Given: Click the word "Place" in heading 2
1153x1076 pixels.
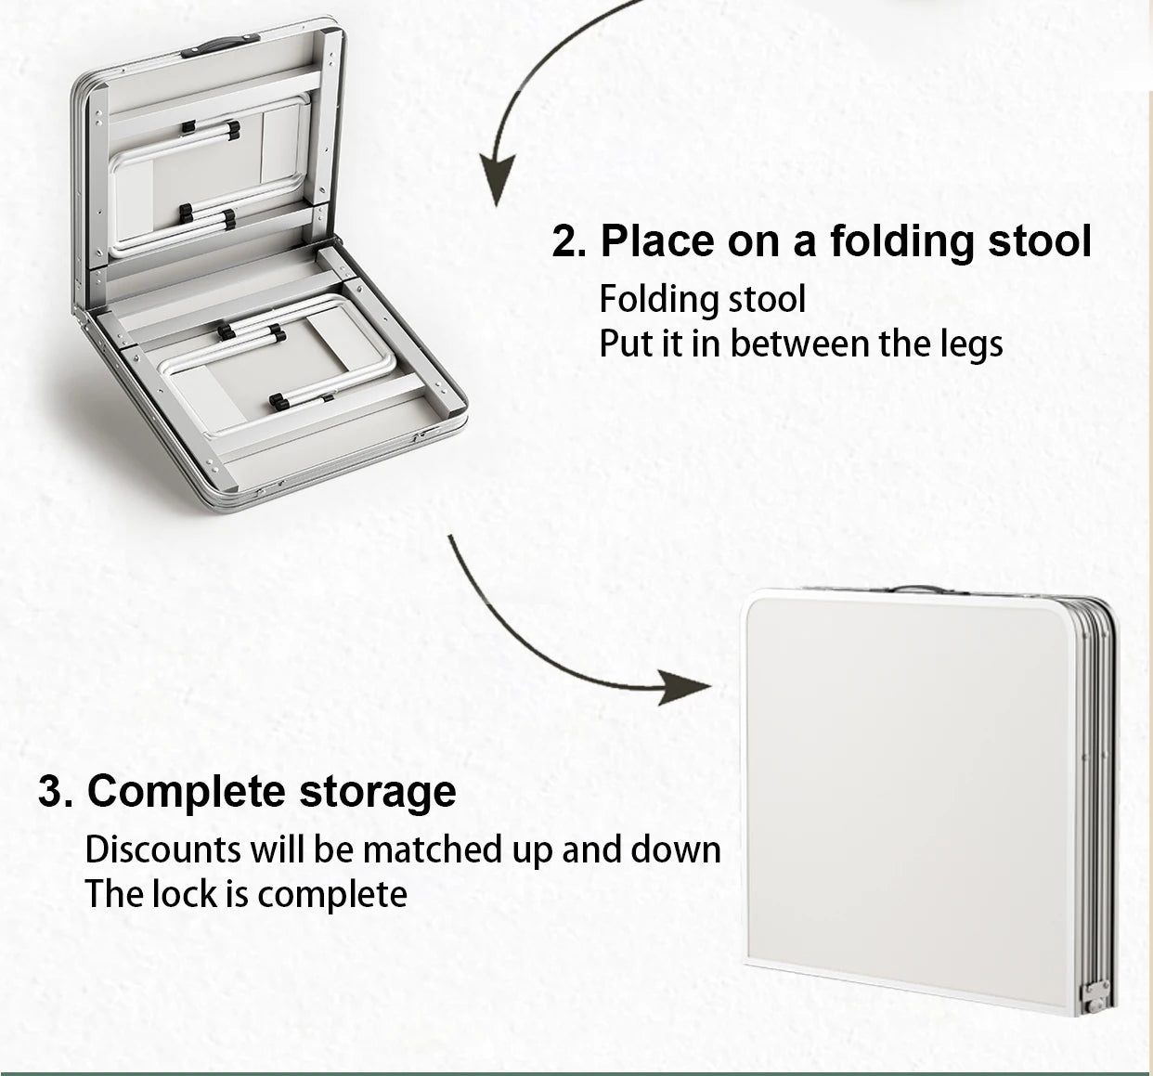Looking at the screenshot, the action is click(x=657, y=240).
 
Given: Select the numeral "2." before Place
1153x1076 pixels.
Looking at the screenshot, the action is click(x=569, y=240).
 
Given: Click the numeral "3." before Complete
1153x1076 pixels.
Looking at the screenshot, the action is click(x=56, y=792).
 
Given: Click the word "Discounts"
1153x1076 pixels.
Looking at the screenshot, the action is click(x=163, y=849).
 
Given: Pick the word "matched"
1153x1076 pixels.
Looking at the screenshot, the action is click(x=434, y=849).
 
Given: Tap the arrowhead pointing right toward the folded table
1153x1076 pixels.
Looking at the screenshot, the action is click(x=685, y=688).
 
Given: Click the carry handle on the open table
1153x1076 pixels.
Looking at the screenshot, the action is click(x=220, y=45).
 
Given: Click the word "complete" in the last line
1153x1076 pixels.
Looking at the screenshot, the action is click(x=332, y=895).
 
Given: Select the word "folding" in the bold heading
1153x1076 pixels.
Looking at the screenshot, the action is click(x=901, y=240).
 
